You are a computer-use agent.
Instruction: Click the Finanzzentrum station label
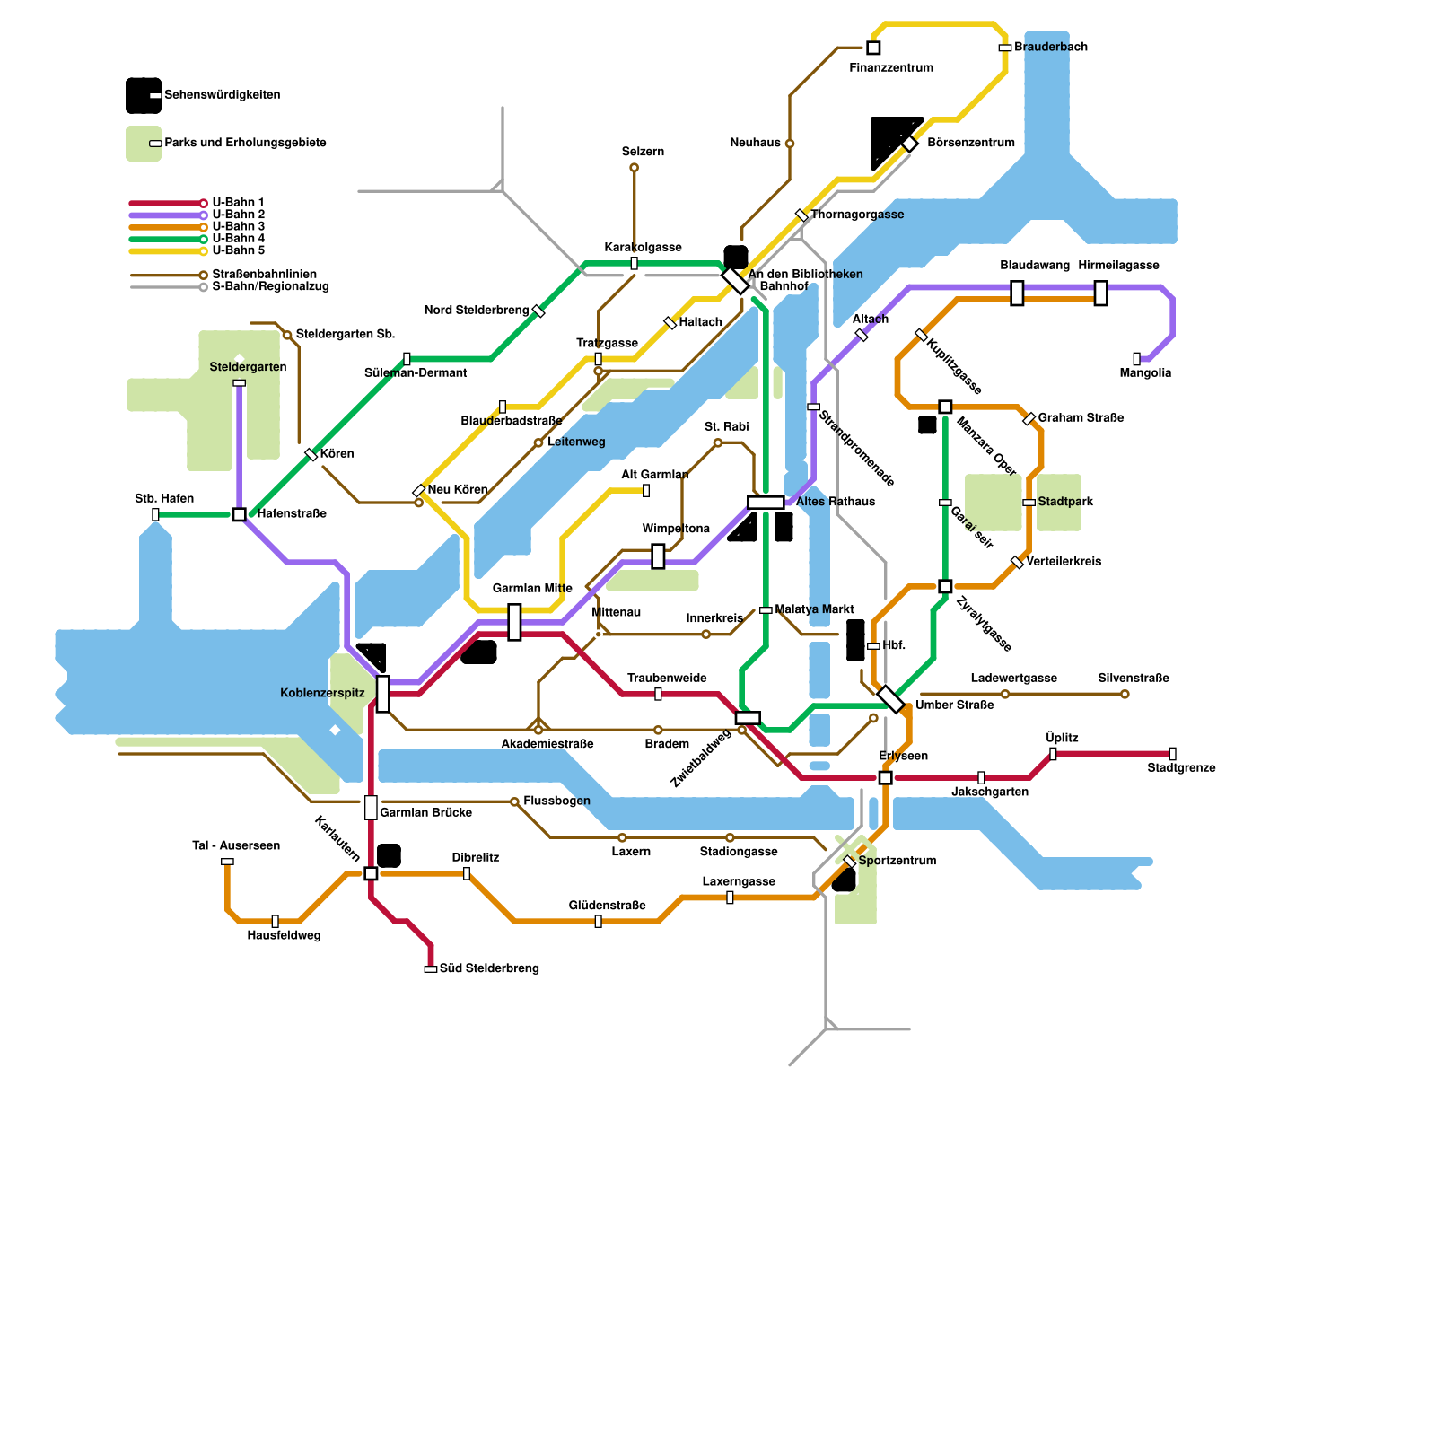[890, 68]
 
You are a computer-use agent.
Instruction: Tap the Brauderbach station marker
[1005, 48]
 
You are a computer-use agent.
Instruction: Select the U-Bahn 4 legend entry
[238, 239]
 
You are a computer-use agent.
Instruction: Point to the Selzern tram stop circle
[634, 168]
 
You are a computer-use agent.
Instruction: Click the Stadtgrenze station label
[1181, 768]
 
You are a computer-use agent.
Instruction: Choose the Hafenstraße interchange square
[239, 514]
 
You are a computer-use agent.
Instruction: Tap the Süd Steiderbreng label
[489, 968]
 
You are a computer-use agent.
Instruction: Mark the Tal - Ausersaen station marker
[227, 862]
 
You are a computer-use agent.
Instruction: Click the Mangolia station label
[1145, 373]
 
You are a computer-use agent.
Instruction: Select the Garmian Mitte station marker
[514, 622]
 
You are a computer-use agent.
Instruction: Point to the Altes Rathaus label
[835, 502]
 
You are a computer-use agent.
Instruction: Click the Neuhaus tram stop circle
[790, 144]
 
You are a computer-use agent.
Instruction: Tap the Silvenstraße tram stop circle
[1125, 694]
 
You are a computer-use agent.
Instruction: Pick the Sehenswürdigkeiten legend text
[222, 95]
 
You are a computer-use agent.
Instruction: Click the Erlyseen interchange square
[885, 777]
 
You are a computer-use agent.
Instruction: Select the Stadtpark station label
[1065, 502]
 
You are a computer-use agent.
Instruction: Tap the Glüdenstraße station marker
[599, 921]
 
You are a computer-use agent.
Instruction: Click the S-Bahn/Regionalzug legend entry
[270, 287]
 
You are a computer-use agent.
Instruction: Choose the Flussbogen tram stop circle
[514, 801]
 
